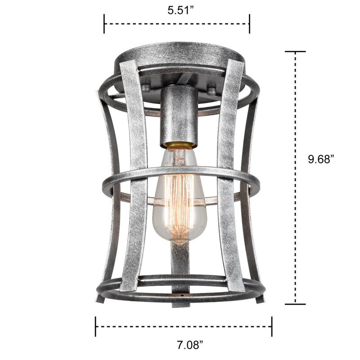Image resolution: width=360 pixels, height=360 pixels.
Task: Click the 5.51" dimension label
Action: (x=176, y=10)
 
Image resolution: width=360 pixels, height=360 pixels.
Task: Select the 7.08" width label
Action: (x=183, y=346)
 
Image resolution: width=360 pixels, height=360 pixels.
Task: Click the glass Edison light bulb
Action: (x=179, y=198)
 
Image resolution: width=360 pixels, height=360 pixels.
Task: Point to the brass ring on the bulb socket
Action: (x=179, y=145)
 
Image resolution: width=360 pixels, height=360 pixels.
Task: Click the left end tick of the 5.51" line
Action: (x=104, y=23)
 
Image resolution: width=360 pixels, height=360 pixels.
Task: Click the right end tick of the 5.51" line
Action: (x=249, y=23)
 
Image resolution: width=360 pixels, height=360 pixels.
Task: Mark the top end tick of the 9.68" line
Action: (x=295, y=52)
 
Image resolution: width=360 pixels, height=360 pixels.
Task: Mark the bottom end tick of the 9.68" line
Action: (x=295, y=304)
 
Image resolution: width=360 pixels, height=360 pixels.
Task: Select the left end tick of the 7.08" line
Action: (x=95, y=326)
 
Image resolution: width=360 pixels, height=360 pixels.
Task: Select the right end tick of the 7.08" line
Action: (x=271, y=326)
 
